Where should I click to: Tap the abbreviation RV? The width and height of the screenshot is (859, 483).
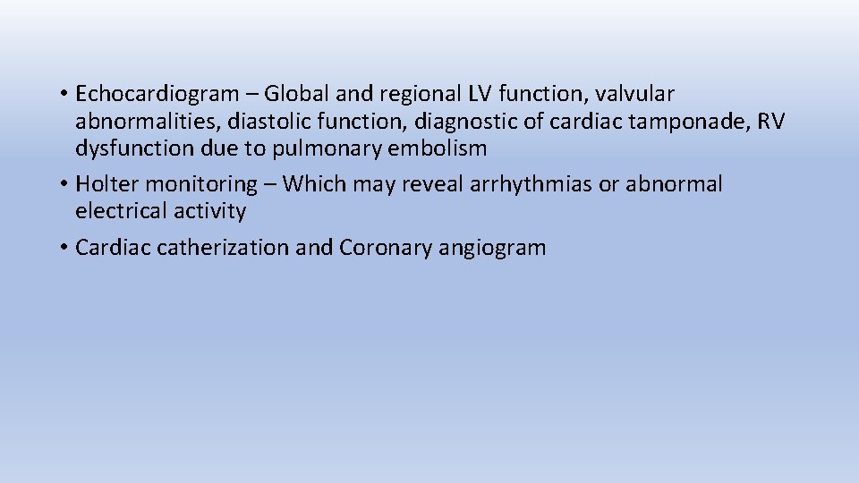click(x=770, y=122)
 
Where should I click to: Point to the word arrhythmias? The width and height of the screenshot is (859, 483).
click(x=501, y=184)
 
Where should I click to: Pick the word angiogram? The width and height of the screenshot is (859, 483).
click(x=492, y=248)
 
